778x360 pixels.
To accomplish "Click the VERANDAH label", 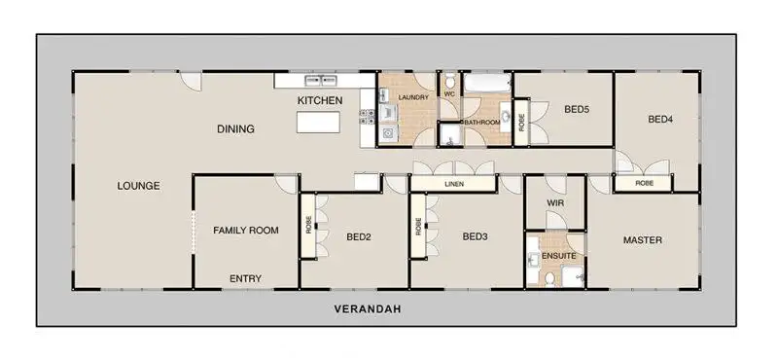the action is pos(368,308).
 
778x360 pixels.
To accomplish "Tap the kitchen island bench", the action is pos(319,123).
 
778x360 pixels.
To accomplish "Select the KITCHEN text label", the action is pos(320,101).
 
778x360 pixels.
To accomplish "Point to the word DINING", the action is pos(235,129).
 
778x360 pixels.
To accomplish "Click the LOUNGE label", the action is pos(138,186).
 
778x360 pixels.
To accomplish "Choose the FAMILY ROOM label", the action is pos(246,231).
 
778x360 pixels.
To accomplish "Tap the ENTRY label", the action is pos(246,279).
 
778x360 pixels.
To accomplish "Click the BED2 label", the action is pos(359,237).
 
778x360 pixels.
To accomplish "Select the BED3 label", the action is pos(475,236).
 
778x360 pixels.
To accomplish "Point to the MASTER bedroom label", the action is pos(643,240).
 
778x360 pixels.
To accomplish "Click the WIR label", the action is pos(554,203).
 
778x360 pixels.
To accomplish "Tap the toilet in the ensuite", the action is pos(549,279).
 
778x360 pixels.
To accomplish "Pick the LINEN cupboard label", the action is pos(454,184).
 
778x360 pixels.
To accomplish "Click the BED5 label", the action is pos(577,110).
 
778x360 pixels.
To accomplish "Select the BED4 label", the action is pos(660,119).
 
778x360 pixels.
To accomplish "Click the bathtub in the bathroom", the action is pos(487,83).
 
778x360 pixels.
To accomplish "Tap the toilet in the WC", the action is pos(450,81).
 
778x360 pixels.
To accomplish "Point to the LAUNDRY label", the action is pos(413,98).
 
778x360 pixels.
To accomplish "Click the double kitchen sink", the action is pos(321,80).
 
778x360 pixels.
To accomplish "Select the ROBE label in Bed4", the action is pos(644,183).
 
